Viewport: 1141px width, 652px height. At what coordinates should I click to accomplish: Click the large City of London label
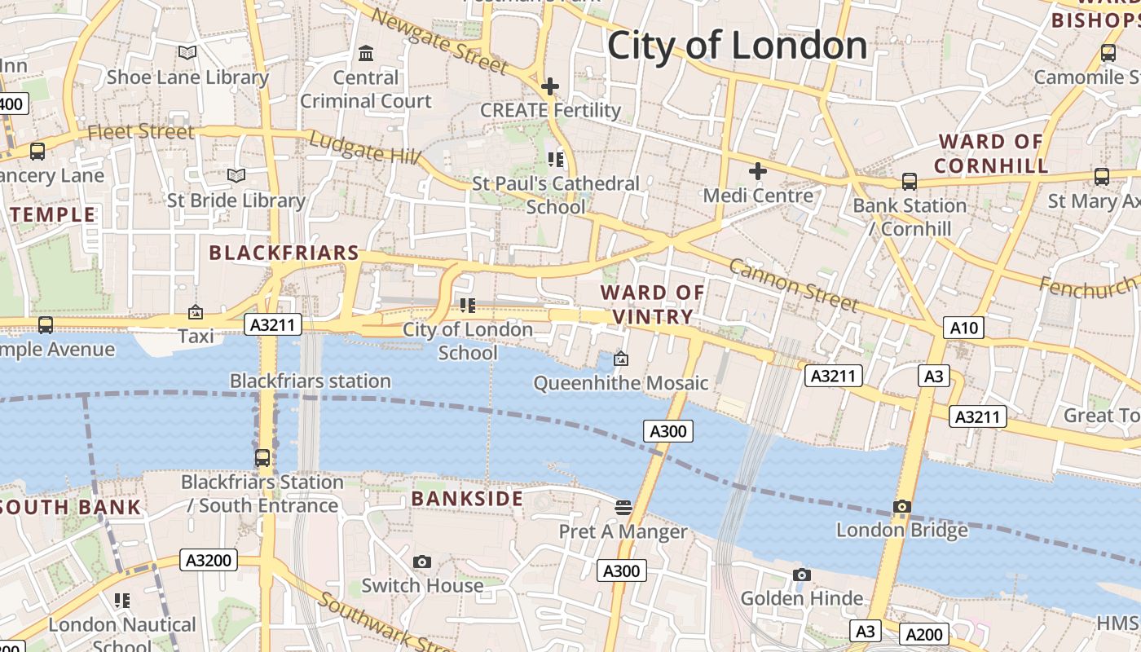[737, 45]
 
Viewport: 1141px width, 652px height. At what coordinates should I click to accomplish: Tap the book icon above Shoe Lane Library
[187, 53]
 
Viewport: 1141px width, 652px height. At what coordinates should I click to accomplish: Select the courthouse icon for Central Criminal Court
[366, 54]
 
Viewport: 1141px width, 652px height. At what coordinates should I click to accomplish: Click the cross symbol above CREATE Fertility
[550, 86]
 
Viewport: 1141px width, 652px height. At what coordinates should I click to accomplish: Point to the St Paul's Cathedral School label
[556, 195]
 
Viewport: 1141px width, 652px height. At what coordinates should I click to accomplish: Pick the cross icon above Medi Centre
[758, 171]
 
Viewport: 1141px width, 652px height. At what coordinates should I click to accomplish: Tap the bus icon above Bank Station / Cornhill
[910, 181]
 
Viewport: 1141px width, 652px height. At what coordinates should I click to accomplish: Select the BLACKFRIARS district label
[284, 253]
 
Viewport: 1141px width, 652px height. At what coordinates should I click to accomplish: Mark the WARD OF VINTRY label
[653, 304]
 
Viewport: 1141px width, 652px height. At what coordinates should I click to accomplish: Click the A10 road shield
[964, 328]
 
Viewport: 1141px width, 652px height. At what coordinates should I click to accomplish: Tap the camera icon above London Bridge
[901, 506]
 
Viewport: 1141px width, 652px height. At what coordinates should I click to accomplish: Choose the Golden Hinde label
[802, 598]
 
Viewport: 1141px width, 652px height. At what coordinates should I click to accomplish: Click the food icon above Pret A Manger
[623, 508]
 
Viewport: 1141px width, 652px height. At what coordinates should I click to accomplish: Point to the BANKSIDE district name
[467, 499]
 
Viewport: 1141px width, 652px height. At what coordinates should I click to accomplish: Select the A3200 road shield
[209, 560]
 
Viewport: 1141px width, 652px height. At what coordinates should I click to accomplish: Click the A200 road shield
[924, 634]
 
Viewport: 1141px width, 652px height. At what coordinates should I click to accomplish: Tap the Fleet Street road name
[140, 131]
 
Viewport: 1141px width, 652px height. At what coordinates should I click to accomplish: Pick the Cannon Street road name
[793, 285]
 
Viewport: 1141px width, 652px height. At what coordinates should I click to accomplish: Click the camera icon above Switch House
[421, 562]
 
